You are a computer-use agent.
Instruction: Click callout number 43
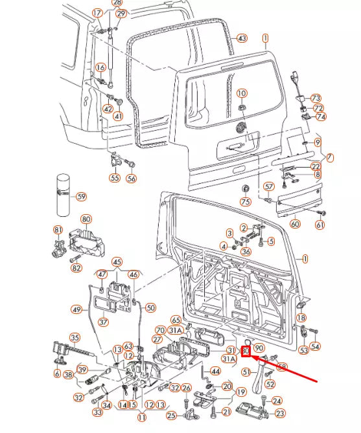click(x=242, y=38)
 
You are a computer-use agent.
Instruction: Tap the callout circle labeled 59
click(x=81, y=196)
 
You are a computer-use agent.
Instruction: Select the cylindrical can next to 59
click(x=63, y=194)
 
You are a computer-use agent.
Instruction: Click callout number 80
click(x=86, y=219)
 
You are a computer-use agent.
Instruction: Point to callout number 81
click(x=58, y=230)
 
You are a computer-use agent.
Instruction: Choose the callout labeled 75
click(x=245, y=202)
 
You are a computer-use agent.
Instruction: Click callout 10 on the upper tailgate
click(x=242, y=93)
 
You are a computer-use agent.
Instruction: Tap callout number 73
click(x=316, y=97)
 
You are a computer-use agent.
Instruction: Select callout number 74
click(x=321, y=117)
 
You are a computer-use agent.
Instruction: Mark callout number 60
click(x=295, y=224)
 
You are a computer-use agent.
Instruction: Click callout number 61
click(x=320, y=225)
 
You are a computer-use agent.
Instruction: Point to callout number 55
click(x=115, y=177)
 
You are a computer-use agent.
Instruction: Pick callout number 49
click(x=76, y=309)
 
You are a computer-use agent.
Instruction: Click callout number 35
click(x=75, y=337)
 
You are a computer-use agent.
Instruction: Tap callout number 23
click(x=279, y=413)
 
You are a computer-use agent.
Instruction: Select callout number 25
click(x=171, y=415)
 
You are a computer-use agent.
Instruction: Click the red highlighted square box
click(x=246, y=351)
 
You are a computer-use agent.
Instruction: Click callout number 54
click(x=315, y=347)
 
